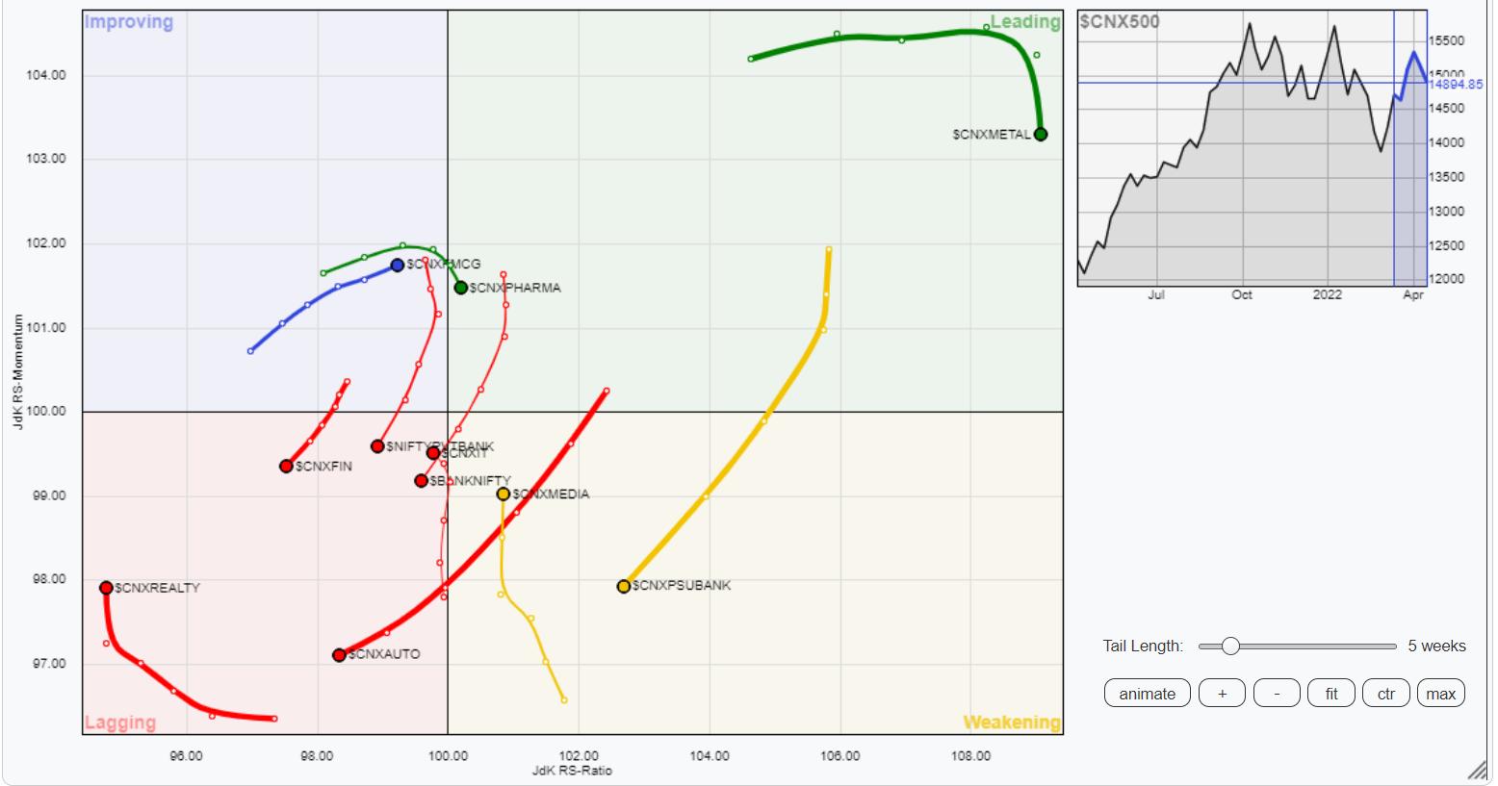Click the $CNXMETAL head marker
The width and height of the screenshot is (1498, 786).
tap(1040, 134)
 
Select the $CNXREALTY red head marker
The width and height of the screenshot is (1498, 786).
tap(106, 588)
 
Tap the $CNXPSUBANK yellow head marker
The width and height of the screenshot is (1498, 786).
tap(624, 586)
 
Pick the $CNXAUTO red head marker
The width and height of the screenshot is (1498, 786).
tap(339, 655)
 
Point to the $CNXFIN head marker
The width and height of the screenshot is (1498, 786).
tap(286, 467)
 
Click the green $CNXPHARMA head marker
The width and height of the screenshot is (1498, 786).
tap(461, 288)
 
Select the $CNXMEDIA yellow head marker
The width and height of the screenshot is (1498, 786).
tap(504, 494)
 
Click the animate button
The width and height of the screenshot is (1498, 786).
tap(1147, 694)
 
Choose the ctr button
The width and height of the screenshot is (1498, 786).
tap(1385, 694)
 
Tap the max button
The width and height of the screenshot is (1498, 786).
tap(1440, 694)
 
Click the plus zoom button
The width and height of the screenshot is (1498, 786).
tap(1222, 694)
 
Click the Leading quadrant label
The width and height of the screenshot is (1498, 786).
tap(1024, 22)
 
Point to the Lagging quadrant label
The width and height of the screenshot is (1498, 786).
tap(120, 723)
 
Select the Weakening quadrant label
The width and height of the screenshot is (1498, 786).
tap(1012, 723)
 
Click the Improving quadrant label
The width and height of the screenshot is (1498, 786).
tap(129, 22)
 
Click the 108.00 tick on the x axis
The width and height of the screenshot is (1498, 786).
tap(970, 756)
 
